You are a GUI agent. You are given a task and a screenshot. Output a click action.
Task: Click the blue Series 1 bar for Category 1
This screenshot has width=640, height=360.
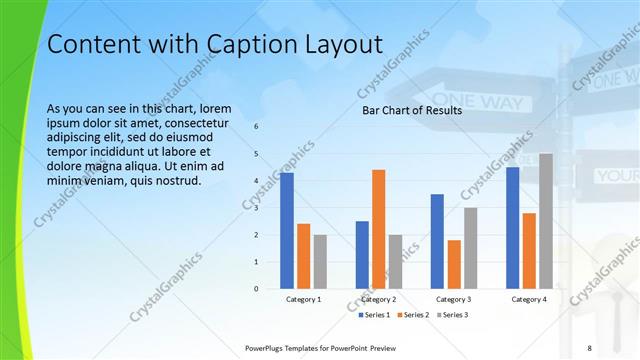[287, 230]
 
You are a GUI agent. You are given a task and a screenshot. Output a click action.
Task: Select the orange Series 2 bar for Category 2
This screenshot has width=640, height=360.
[379, 229]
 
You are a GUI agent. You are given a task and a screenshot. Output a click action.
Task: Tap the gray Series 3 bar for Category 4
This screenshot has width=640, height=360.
[546, 221]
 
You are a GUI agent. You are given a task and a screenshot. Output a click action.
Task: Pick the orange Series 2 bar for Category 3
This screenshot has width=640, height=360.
[454, 264]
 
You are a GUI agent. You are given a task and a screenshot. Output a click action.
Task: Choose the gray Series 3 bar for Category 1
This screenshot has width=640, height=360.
[320, 262]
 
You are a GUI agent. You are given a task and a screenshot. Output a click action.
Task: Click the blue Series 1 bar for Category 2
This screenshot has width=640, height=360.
[362, 255]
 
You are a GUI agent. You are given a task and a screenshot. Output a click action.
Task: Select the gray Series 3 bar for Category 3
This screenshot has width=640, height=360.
[471, 248]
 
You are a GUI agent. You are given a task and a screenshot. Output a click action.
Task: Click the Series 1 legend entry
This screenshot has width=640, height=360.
[376, 315]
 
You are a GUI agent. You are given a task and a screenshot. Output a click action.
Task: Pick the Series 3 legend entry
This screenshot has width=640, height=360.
[452, 315]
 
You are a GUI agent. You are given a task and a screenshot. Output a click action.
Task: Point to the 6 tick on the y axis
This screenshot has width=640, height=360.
[256, 127]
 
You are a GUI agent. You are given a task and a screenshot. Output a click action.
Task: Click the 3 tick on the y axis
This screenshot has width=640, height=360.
[256, 208]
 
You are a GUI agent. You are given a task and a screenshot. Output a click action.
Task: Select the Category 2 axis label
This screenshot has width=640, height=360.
[379, 299]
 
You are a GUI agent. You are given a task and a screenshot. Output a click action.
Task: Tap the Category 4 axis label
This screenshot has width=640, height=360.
[529, 299]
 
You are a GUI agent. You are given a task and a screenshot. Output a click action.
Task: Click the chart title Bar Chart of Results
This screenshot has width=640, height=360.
[412, 110]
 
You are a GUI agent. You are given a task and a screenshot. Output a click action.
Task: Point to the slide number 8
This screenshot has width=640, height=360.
[589, 347]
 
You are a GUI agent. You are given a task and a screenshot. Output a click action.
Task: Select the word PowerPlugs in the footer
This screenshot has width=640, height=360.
[266, 347]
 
